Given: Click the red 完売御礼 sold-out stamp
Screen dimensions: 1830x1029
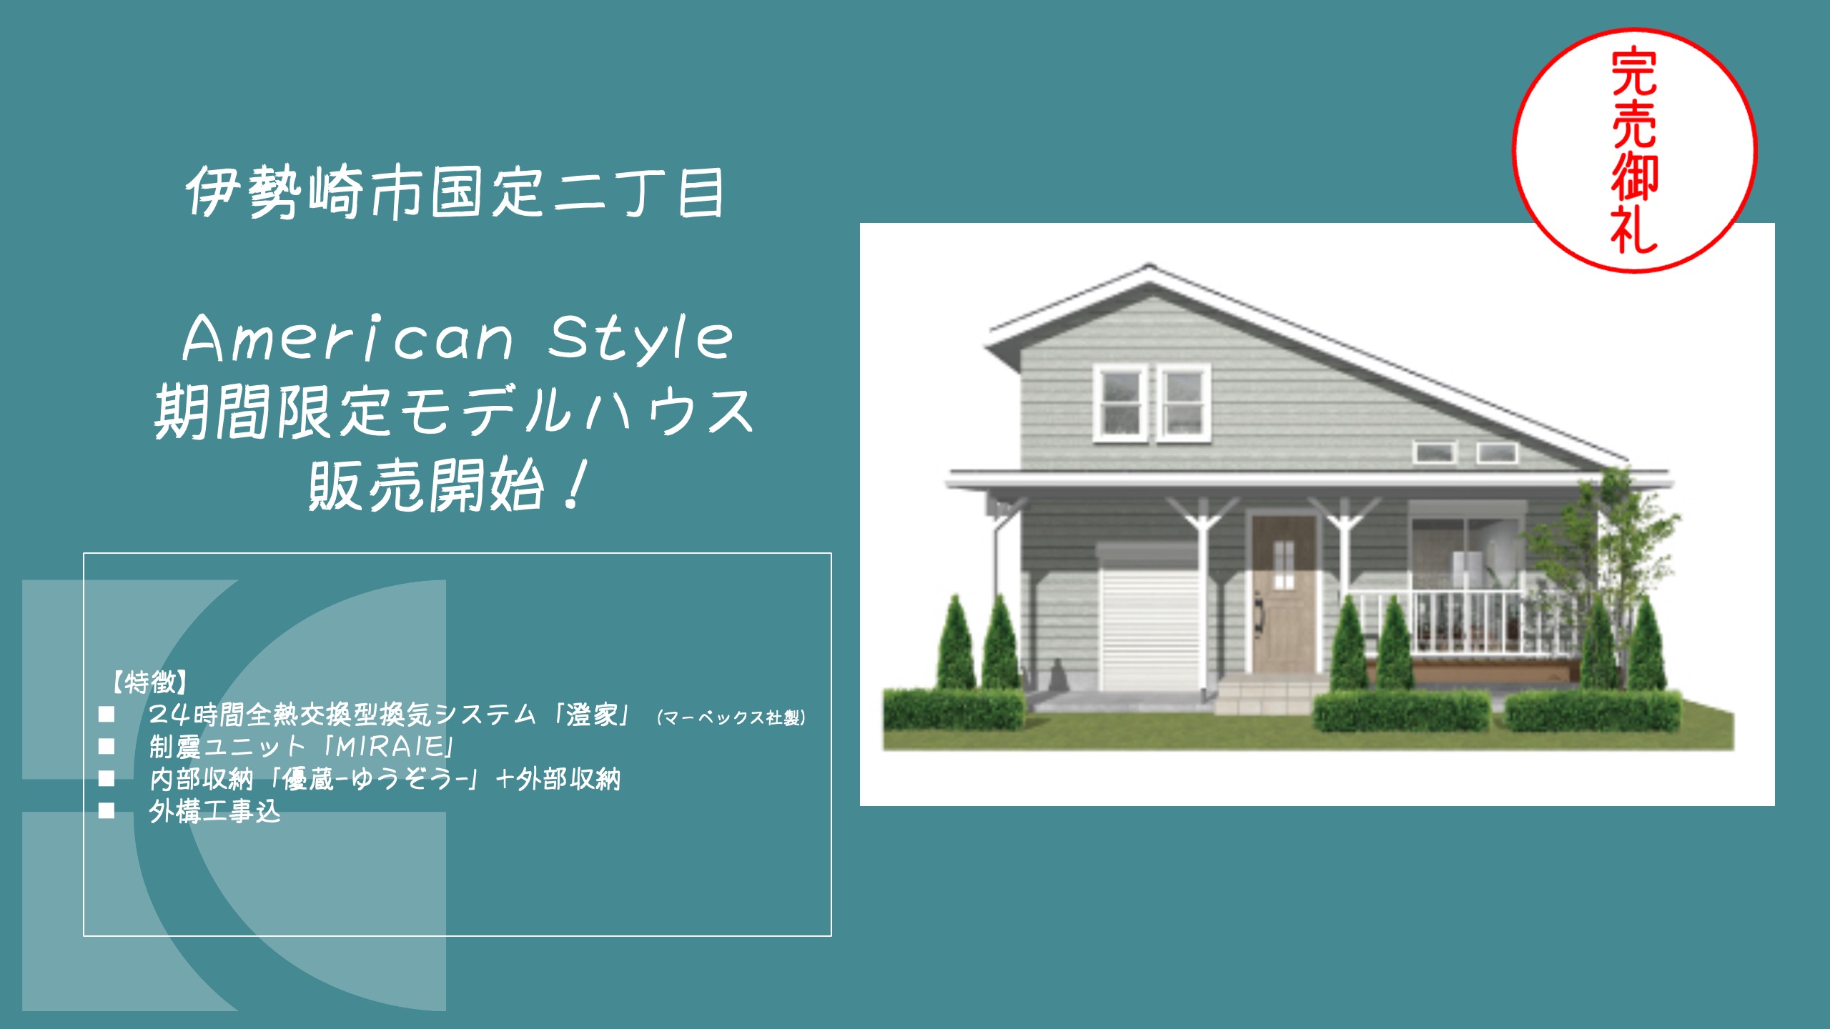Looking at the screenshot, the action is [1634, 151].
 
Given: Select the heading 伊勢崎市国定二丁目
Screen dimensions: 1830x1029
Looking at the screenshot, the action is [455, 192].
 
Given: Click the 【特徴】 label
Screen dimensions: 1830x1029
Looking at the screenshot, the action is [149, 682].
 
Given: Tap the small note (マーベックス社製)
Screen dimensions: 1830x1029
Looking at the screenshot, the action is [731, 717].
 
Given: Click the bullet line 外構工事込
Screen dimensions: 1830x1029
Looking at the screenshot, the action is [214, 812].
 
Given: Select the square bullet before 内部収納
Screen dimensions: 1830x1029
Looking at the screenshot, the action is [107, 778].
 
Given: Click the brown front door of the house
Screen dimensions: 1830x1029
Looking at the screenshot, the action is [1284, 594].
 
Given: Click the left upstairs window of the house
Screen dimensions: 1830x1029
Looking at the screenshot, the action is [1120, 403].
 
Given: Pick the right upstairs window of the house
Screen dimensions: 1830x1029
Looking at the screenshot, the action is [1183, 403].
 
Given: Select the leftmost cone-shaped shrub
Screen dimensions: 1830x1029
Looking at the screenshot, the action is [956, 642].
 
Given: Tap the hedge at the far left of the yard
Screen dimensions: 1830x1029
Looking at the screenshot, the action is [954, 709].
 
